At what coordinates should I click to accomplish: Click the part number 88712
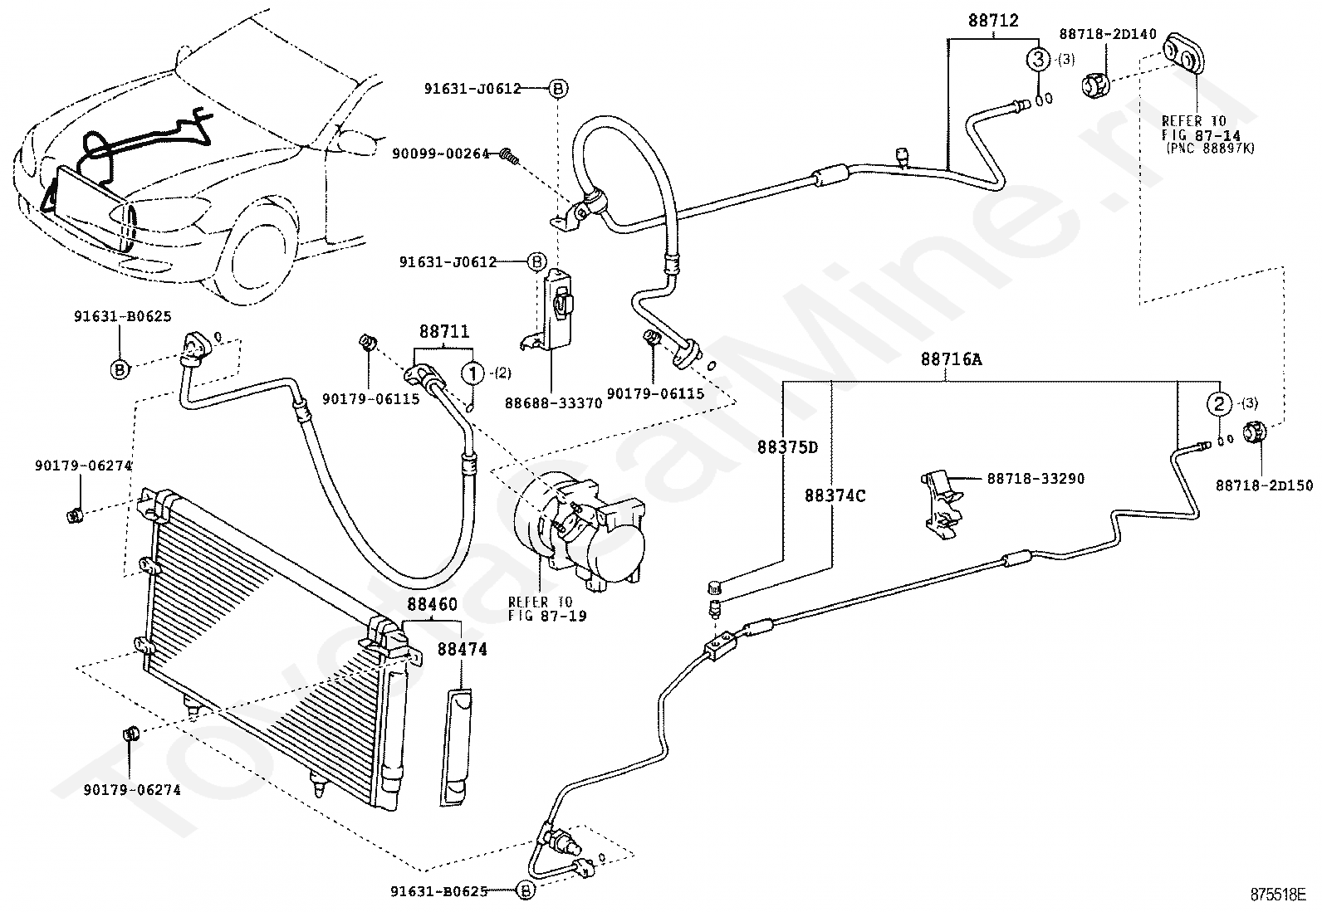[993, 21]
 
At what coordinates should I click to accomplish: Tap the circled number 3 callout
[1039, 59]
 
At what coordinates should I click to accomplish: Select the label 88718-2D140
[1108, 34]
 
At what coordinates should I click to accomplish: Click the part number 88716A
[952, 359]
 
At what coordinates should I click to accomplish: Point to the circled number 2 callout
[1219, 404]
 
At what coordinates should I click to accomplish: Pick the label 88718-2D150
[1264, 485]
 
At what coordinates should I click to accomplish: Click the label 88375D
[788, 447]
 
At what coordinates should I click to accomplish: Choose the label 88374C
[835, 495]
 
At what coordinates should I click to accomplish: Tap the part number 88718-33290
[1036, 479]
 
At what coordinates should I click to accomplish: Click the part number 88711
[444, 332]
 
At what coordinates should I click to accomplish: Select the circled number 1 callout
[472, 373]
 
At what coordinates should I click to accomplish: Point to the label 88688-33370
[553, 403]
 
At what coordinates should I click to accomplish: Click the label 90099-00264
[441, 154]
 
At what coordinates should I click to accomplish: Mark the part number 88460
[433, 605]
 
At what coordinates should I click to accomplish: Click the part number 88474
[462, 649]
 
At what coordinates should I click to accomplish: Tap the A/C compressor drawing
[580, 534]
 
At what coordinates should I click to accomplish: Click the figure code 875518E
[1279, 895]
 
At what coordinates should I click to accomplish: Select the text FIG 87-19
[547, 616]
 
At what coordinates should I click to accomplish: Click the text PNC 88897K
[1211, 148]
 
